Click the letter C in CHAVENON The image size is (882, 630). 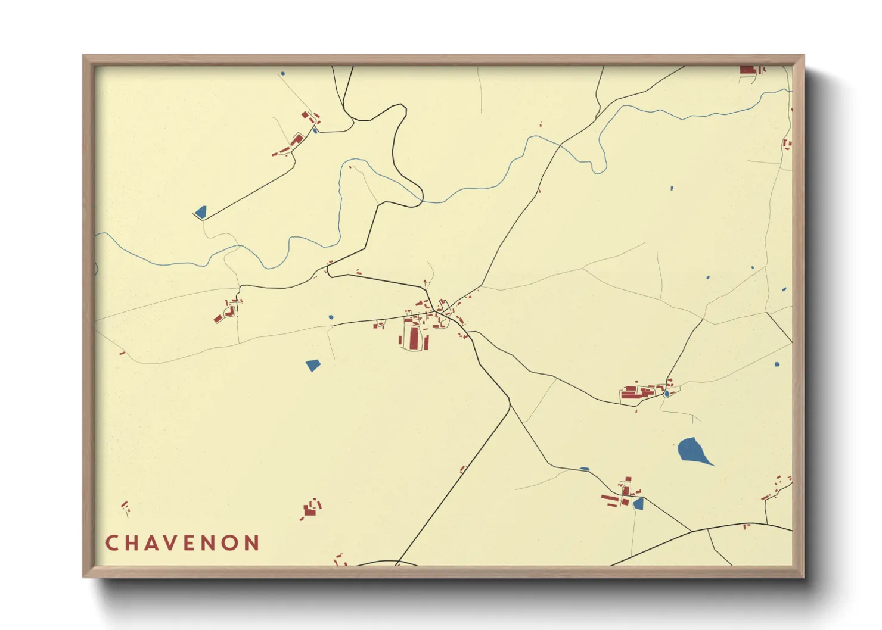[111, 543]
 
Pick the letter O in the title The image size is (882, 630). [230, 543]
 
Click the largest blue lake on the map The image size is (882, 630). [692, 450]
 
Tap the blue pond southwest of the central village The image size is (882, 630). [313, 365]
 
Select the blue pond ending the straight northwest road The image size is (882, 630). [200, 212]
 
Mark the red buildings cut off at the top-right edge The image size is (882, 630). [749, 70]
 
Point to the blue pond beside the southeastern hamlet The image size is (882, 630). [638, 504]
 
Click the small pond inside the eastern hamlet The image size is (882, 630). [666, 394]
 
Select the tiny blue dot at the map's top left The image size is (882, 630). [282, 74]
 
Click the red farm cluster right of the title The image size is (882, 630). [310, 509]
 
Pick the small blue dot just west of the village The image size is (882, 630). [331, 317]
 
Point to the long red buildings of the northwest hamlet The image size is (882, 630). [296, 141]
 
